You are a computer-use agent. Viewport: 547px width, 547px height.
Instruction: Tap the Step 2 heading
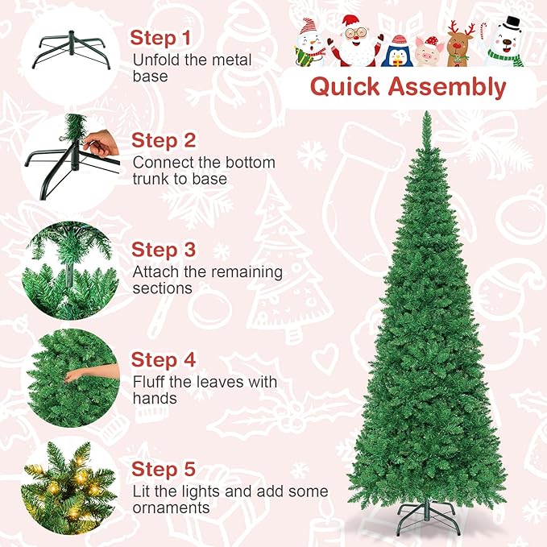(x=164, y=140)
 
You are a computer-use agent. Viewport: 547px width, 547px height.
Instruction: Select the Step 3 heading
(x=164, y=250)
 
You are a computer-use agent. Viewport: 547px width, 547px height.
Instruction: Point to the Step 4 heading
(x=164, y=359)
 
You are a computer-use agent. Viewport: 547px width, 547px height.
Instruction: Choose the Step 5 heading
(x=164, y=469)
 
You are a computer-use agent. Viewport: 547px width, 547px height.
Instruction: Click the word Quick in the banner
(x=346, y=86)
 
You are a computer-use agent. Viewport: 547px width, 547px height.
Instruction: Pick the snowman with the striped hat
(x=312, y=41)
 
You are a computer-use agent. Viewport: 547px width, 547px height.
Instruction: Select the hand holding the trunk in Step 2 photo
(x=99, y=145)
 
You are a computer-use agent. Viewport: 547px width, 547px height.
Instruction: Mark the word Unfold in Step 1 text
(x=154, y=60)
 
